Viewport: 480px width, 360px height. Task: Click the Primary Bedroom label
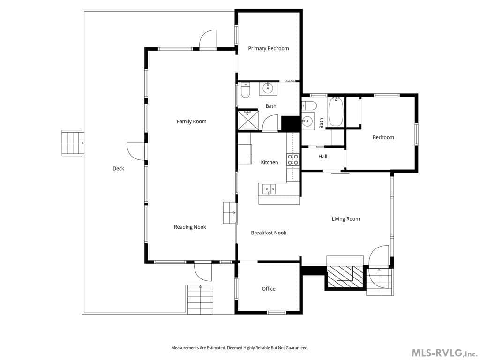(269, 48)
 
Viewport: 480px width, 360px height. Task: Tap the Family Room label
(192, 121)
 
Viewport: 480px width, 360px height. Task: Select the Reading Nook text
(190, 227)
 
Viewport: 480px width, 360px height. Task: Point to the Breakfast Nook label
(269, 232)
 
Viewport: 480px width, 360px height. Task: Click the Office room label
(269, 289)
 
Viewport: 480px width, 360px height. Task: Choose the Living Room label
(346, 219)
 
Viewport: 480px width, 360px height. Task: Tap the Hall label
(322, 157)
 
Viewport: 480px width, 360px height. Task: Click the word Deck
(118, 168)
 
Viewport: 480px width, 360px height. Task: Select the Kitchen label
(270, 162)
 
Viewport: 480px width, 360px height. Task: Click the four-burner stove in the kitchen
(292, 160)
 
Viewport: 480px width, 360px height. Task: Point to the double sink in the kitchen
(269, 189)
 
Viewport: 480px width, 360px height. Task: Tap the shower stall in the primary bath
(248, 120)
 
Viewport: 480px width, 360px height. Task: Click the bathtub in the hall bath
(336, 112)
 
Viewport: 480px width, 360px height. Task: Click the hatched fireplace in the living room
(345, 277)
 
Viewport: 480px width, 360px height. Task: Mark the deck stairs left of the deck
(73, 143)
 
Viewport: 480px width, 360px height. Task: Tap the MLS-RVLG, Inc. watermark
(444, 353)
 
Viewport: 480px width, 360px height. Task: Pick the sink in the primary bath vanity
(268, 89)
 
